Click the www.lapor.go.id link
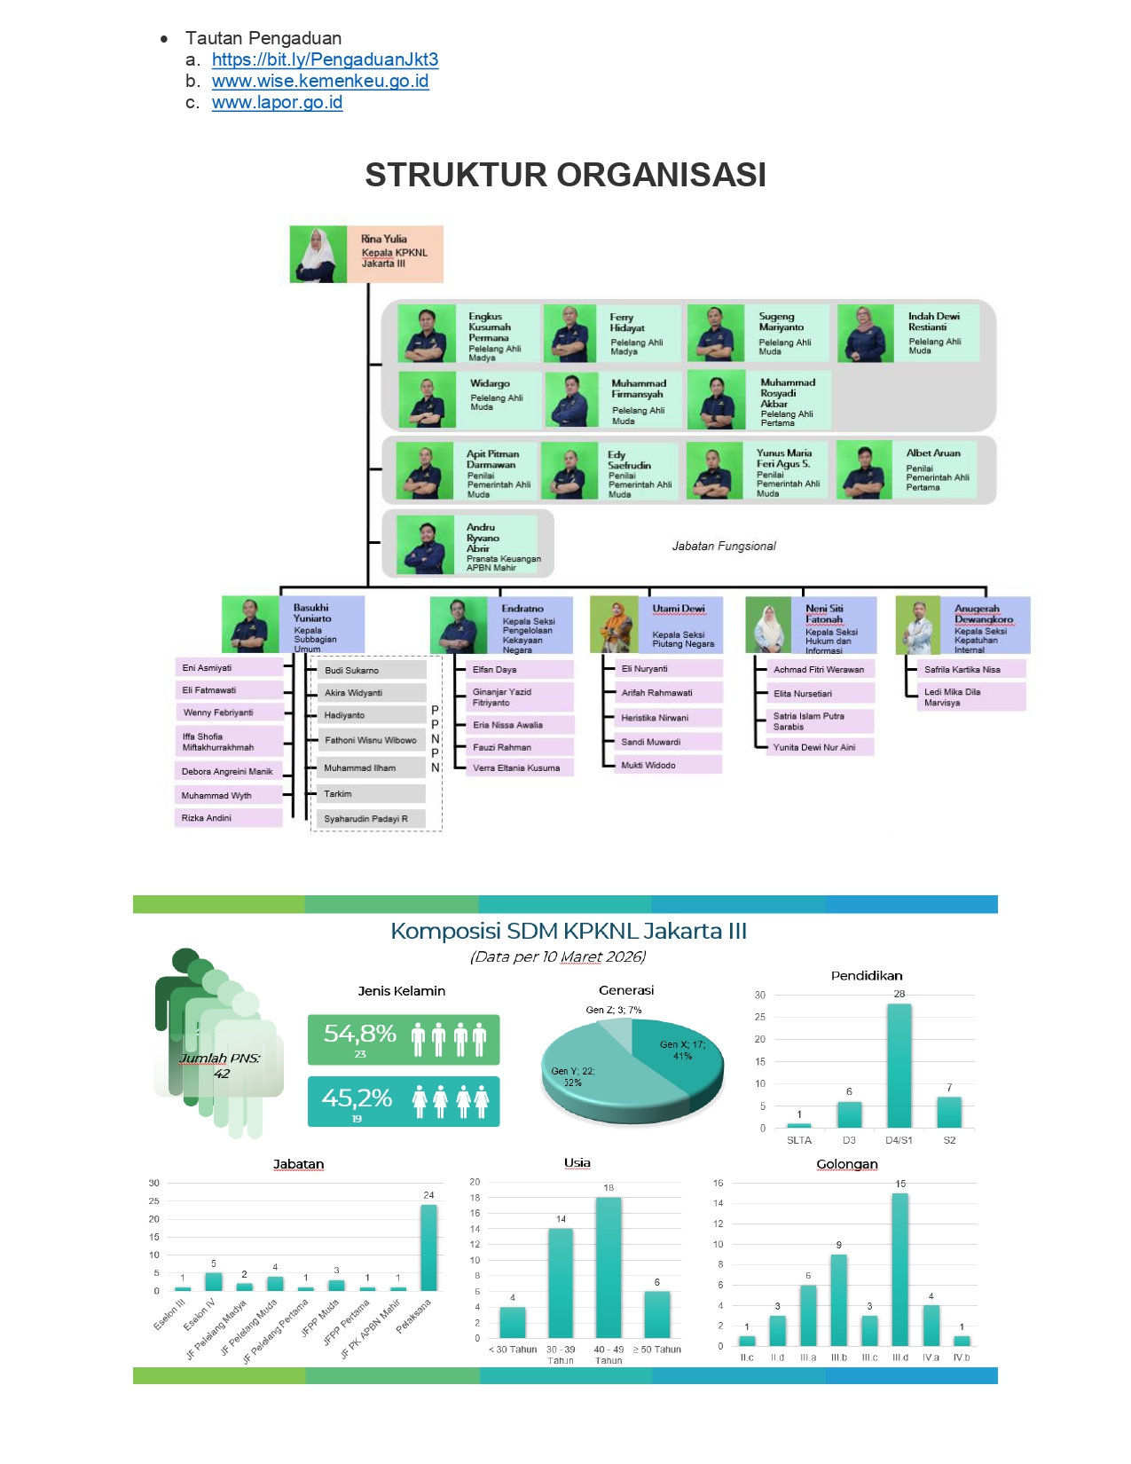[277, 103]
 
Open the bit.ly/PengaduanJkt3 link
[325, 60]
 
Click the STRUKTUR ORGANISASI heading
[565, 176]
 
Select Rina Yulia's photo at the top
[318, 255]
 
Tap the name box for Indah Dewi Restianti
[941, 333]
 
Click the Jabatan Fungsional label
[723, 547]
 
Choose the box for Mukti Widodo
[667, 765]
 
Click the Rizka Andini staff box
[229, 818]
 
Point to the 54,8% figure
[360, 1034]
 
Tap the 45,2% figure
[357, 1098]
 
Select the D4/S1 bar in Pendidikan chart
[899, 1065]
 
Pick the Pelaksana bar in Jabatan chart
[428, 1247]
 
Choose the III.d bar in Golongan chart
[899, 1269]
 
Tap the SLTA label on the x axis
[798, 1141]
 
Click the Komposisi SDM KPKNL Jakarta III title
[569, 932]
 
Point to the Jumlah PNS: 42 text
[220, 1066]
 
